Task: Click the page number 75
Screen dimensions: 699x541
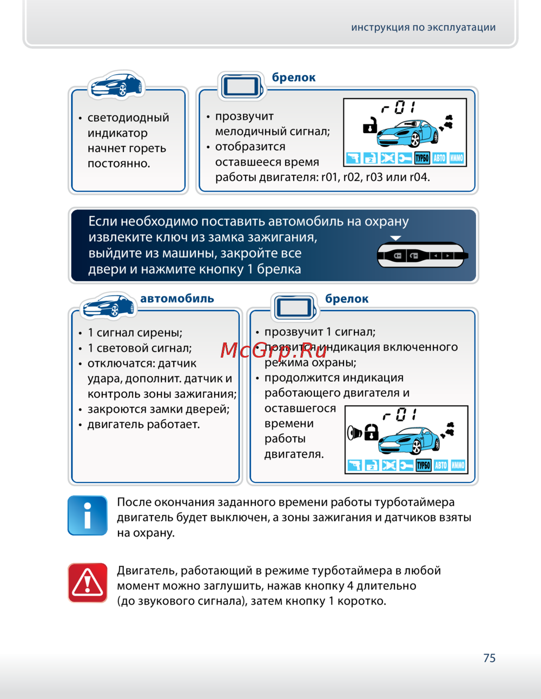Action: (x=489, y=658)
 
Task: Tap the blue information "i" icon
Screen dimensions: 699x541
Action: (x=88, y=516)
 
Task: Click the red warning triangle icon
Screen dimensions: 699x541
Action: (x=88, y=583)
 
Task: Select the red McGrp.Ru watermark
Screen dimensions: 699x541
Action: (x=274, y=351)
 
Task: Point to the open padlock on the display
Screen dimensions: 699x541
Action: (x=370, y=126)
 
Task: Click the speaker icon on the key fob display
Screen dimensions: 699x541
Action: (x=354, y=432)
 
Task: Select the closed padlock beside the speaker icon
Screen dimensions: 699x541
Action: (x=371, y=432)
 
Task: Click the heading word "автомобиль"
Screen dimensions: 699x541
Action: (x=177, y=299)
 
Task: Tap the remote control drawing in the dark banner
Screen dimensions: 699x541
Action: (x=422, y=255)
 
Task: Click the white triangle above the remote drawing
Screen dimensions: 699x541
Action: (x=396, y=238)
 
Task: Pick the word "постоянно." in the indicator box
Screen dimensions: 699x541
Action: (x=118, y=163)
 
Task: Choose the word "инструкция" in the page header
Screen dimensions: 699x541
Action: (x=380, y=28)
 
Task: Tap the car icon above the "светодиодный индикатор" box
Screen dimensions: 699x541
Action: (x=116, y=85)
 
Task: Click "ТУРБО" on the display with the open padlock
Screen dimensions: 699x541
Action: (x=422, y=158)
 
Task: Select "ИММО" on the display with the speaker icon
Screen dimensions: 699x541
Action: (x=458, y=465)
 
